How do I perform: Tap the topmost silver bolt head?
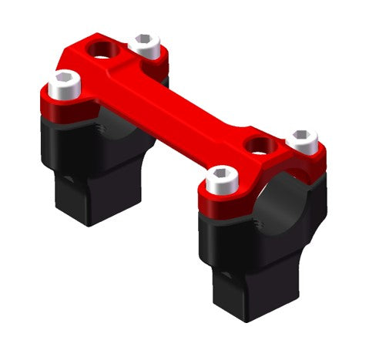click(144, 45)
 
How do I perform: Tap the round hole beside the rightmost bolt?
click(259, 145)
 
